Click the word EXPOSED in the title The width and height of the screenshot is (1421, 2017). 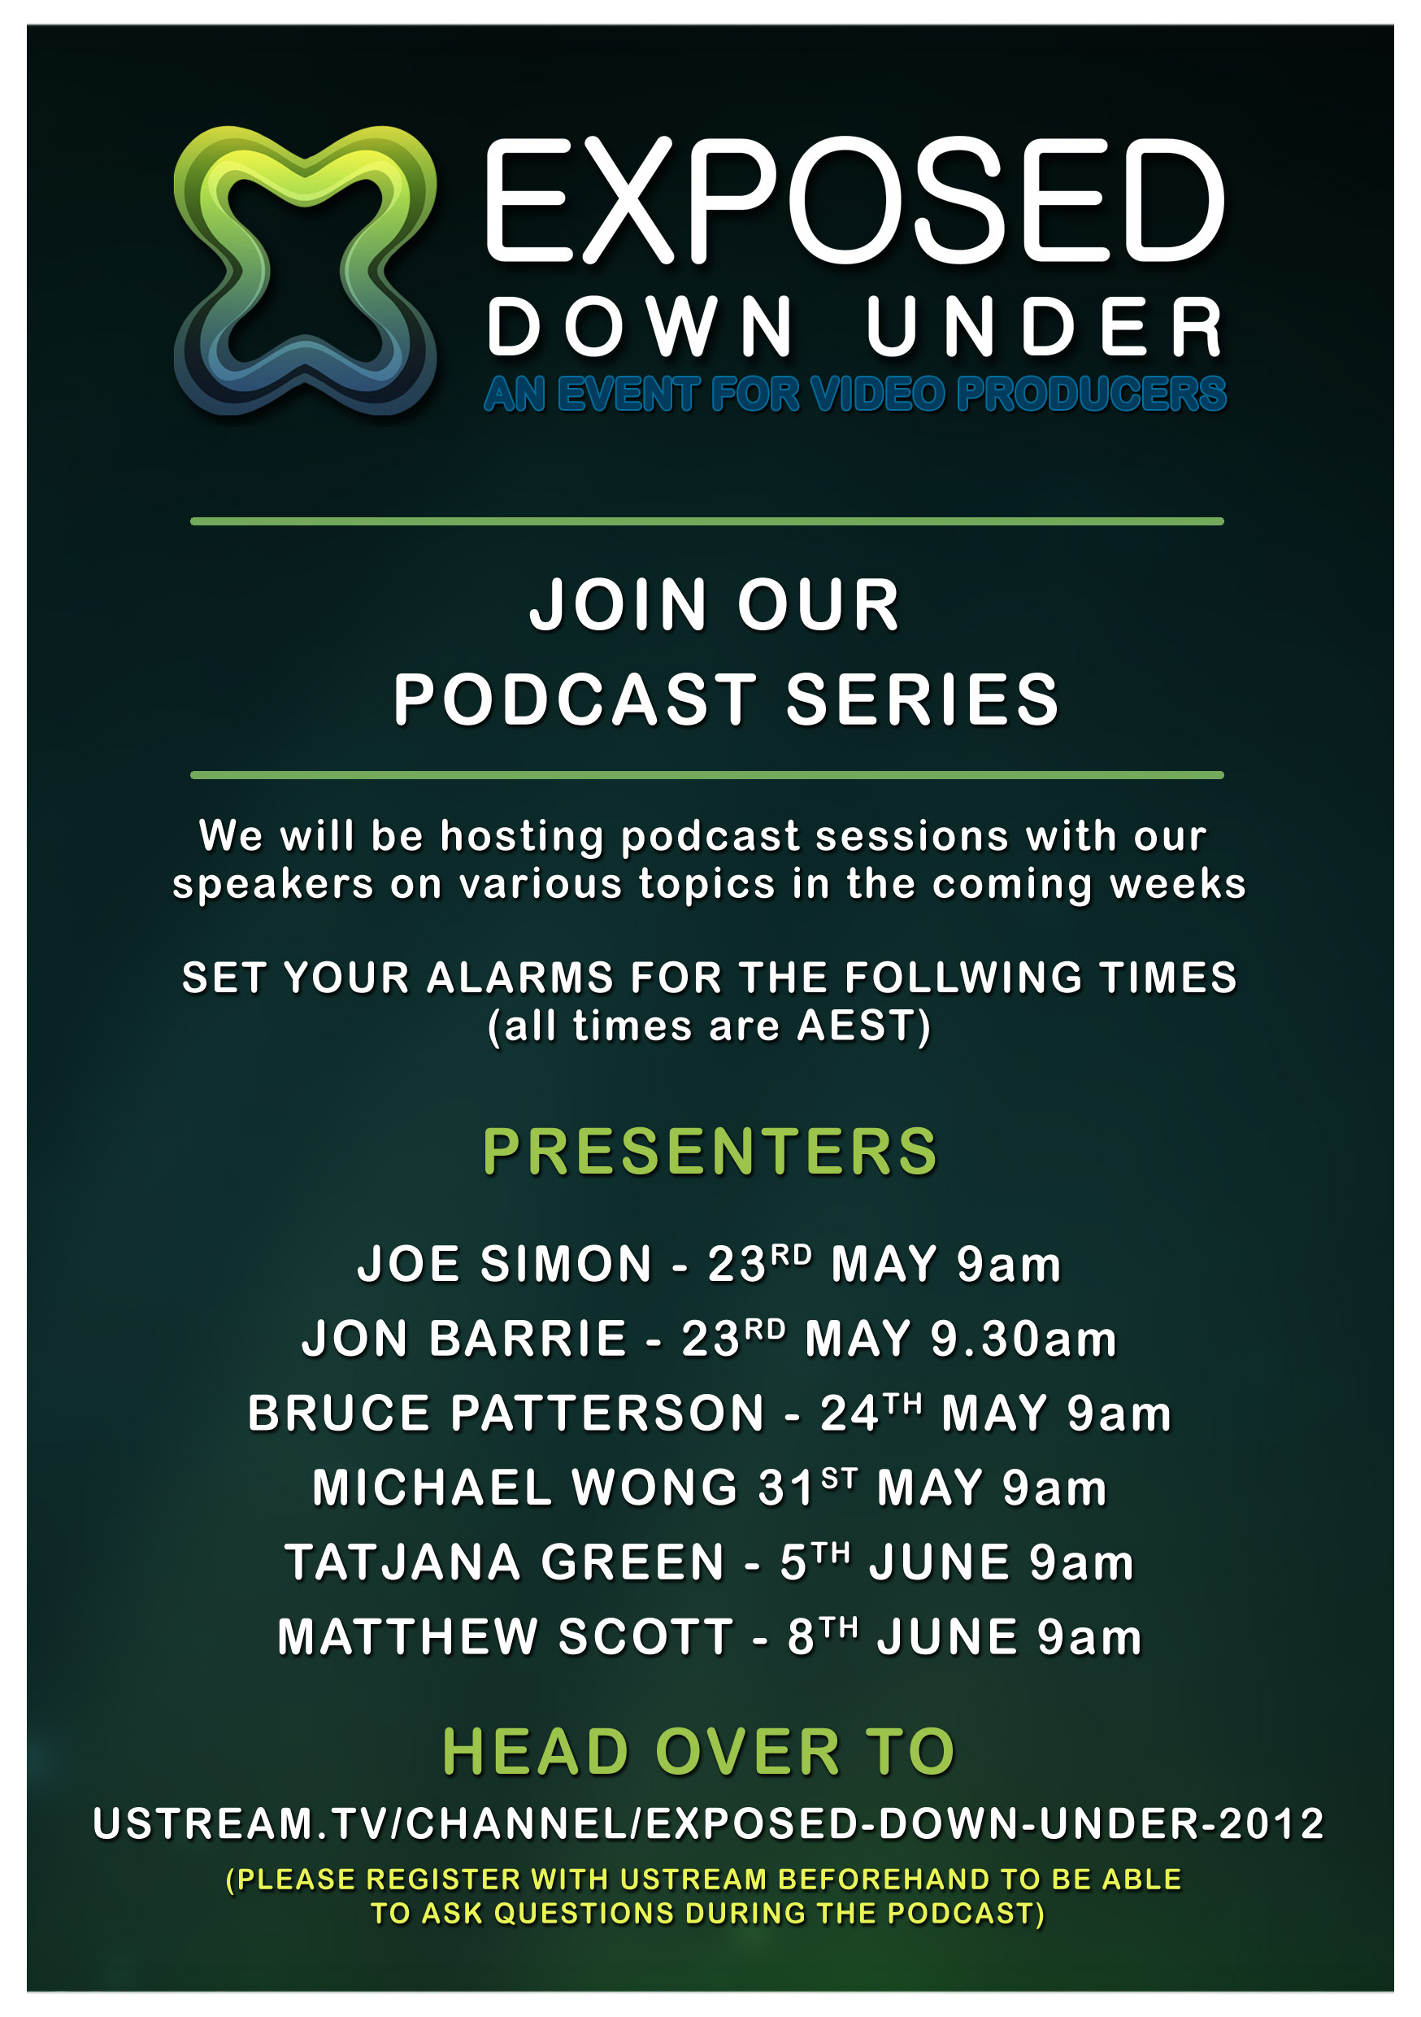[x=854, y=200]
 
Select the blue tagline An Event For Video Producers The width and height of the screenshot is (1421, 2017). [x=854, y=394]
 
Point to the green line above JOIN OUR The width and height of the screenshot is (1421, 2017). [x=707, y=522]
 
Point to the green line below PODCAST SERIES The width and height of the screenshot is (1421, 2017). [x=707, y=775]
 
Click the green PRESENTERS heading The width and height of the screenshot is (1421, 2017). [x=710, y=1152]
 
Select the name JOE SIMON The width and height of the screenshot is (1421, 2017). [x=505, y=1264]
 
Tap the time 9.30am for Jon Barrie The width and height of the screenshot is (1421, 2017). [x=1023, y=1339]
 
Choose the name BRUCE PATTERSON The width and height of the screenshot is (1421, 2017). [x=506, y=1414]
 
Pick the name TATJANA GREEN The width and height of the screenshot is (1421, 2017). [x=505, y=1562]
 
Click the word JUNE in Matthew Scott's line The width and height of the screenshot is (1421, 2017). [x=948, y=1636]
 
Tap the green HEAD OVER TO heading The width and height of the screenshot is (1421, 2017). [x=699, y=1753]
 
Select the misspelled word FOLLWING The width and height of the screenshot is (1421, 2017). [x=963, y=978]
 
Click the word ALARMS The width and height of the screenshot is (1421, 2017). [x=520, y=978]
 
